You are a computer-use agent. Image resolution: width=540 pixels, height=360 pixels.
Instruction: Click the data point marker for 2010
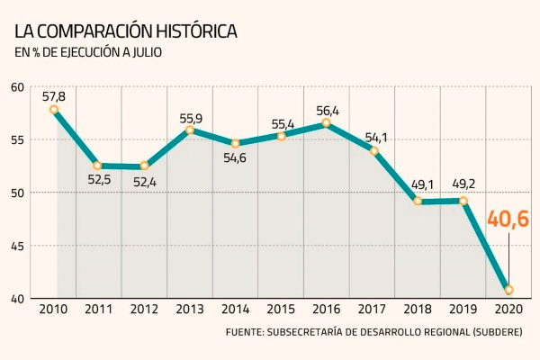(54, 110)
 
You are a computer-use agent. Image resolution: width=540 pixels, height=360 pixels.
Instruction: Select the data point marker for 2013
(190, 130)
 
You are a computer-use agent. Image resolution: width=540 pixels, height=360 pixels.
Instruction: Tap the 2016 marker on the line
(326, 122)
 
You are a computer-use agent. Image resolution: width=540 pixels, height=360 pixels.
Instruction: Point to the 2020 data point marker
(509, 290)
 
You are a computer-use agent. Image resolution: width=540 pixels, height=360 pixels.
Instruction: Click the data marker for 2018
(418, 202)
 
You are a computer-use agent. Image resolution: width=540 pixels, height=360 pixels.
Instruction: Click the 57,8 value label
(54, 93)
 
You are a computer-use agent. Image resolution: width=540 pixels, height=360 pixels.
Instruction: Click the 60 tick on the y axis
(18, 87)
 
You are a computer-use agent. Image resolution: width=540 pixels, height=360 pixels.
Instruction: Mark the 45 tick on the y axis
(18, 246)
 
